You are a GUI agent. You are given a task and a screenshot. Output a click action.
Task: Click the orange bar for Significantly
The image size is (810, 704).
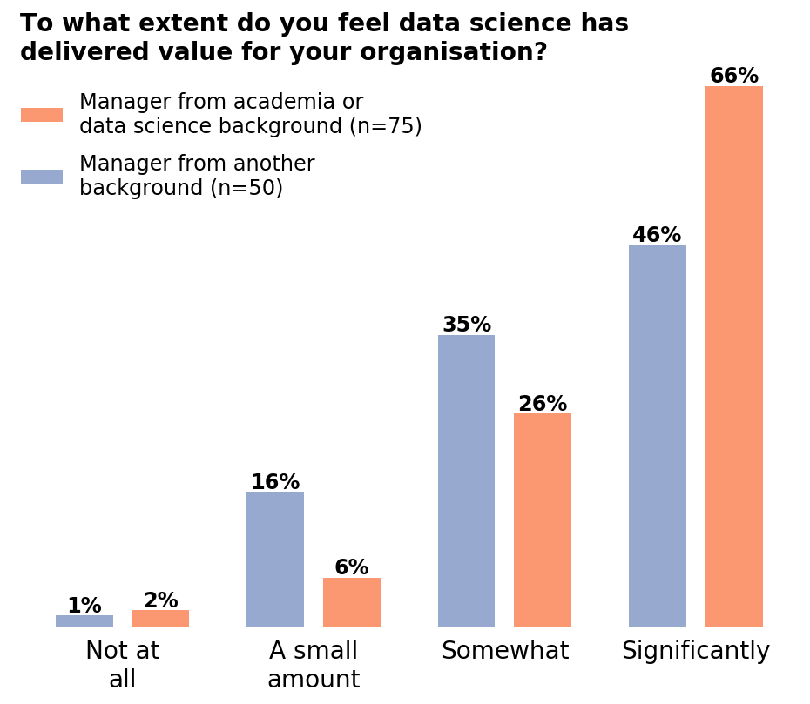pyautogui.click(x=733, y=356)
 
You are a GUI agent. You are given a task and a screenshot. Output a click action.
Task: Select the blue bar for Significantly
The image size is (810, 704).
pyautogui.click(x=657, y=435)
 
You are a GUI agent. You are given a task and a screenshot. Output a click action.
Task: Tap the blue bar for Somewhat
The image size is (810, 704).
pyautogui.click(x=466, y=480)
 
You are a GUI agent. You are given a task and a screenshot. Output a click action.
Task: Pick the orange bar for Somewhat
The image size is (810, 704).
pyautogui.click(x=542, y=520)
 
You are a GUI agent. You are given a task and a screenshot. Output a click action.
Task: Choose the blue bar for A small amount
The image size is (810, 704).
pyautogui.click(x=275, y=559)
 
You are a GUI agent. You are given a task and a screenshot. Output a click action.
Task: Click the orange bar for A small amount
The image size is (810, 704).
pyautogui.click(x=351, y=601)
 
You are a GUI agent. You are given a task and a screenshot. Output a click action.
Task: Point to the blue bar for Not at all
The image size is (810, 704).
pyautogui.click(x=84, y=620)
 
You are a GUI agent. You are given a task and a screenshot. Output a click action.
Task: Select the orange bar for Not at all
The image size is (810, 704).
pyautogui.click(x=160, y=618)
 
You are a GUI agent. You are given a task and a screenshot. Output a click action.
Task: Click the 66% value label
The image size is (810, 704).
pyautogui.click(x=733, y=76)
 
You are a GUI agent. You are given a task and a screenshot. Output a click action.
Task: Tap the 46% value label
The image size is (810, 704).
pyautogui.click(x=657, y=235)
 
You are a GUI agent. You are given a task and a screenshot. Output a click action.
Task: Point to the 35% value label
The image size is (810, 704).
pyautogui.click(x=466, y=325)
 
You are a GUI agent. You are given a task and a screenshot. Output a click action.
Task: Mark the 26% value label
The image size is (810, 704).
pyautogui.click(x=542, y=404)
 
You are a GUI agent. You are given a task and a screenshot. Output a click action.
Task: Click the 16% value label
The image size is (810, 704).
pyautogui.click(x=275, y=482)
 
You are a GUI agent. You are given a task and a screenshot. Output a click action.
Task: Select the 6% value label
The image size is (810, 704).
pyautogui.click(x=351, y=567)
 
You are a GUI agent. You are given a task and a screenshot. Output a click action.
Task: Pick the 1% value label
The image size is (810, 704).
pyautogui.click(x=84, y=606)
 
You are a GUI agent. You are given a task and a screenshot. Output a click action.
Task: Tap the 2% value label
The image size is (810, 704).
pyautogui.click(x=160, y=600)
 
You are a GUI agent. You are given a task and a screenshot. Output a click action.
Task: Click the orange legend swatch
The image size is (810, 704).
pyautogui.click(x=42, y=115)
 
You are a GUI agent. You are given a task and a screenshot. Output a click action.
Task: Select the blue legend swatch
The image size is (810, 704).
pyautogui.click(x=42, y=177)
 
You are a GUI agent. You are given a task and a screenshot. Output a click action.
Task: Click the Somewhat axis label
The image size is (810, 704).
pyautogui.click(x=504, y=651)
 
